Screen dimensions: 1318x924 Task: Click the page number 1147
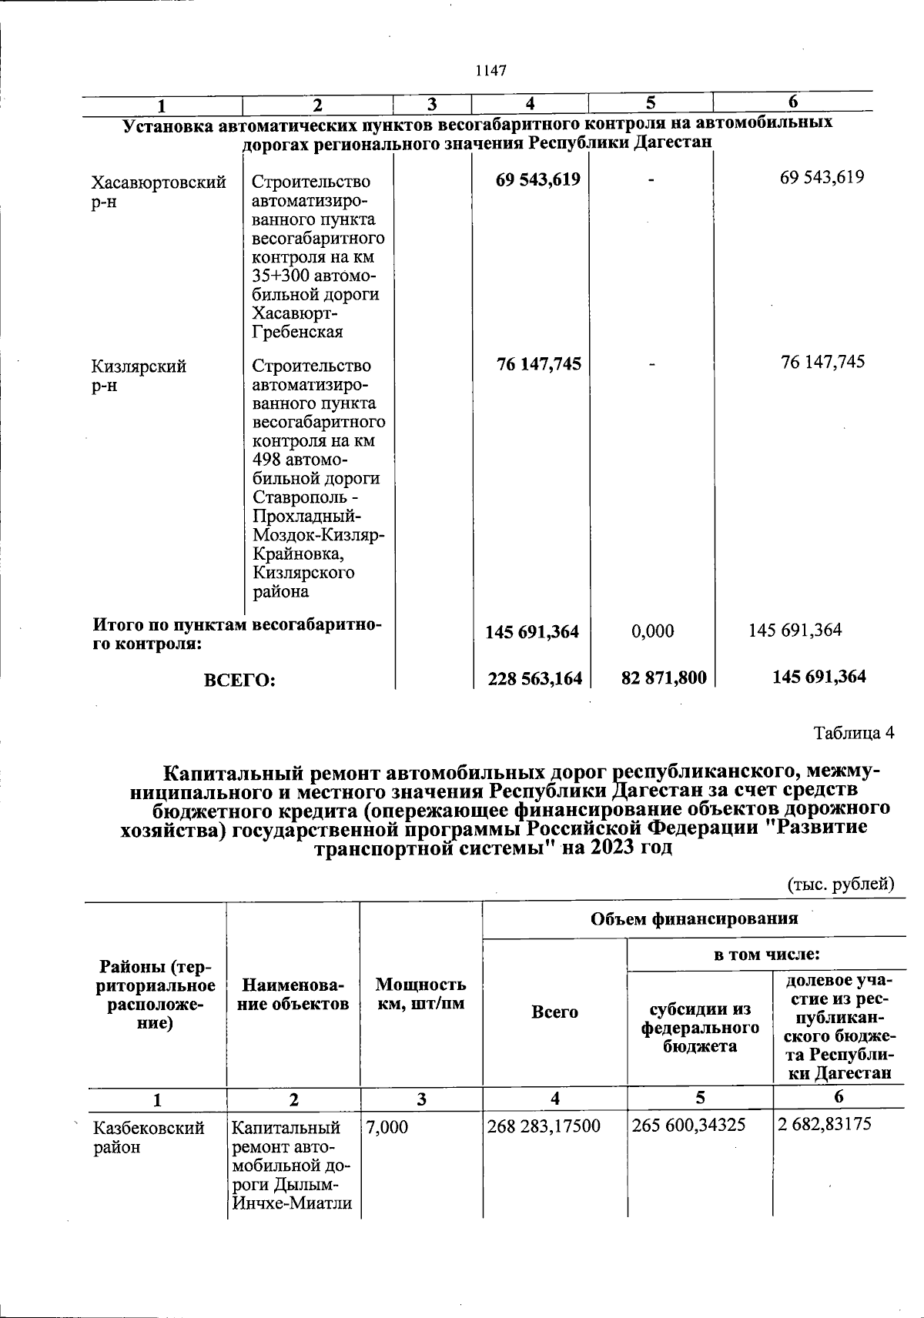(x=490, y=71)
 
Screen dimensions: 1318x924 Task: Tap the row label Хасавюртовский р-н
(x=159, y=192)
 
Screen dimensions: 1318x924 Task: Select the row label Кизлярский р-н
(x=139, y=376)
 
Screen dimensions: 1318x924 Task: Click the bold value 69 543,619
(x=538, y=179)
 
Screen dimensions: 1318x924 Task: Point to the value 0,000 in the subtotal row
(x=652, y=631)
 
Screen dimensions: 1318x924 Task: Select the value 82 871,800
(x=664, y=677)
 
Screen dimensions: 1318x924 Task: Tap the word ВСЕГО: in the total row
(x=239, y=680)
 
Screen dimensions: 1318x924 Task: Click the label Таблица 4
(x=854, y=732)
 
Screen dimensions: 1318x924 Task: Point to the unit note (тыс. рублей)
(x=840, y=884)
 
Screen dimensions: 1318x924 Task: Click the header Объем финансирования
(x=694, y=918)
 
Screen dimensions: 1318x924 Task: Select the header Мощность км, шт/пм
(x=420, y=994)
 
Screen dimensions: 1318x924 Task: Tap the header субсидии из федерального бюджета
(x=699, y=1028)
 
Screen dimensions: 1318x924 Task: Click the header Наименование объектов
(x=293, y=994)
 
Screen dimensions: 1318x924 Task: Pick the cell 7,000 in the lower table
(x=387, y=1127)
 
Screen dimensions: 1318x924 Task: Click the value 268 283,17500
(x=544, y=1127)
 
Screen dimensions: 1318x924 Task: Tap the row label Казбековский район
(x=149, y=1137)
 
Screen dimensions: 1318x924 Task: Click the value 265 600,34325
(x=688, y=1126)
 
